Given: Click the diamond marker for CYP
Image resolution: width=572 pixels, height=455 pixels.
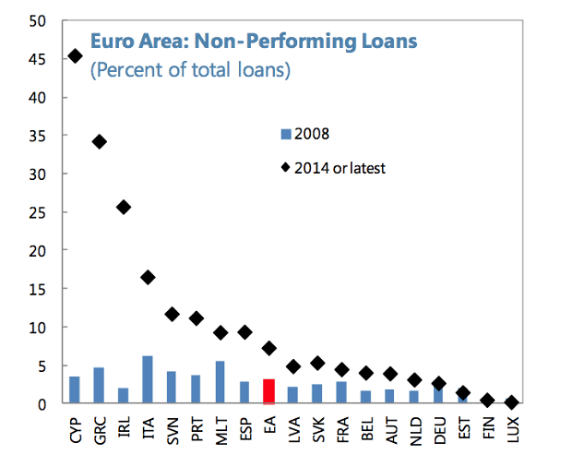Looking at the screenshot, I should pyautogui.click(x=75, y=56).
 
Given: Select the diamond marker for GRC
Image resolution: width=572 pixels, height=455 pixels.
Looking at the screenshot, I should pyautogui.click(x=99, y=141).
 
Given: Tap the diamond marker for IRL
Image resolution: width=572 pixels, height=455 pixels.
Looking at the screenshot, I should pyautogui.click(x=124, y=207).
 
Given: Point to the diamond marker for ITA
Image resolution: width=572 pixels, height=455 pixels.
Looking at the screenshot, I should pyautogui.click(x=148, y=277).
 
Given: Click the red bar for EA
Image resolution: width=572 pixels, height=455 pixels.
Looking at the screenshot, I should pyautogui.click(x=268, y=391).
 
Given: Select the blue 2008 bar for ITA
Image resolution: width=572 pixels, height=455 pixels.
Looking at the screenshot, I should pyautogui.click(x=148, y=379).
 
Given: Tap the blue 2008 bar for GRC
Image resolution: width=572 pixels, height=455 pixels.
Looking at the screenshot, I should pyautogui.click(x=99, y=386).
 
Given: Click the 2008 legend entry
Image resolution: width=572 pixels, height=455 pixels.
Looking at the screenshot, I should pyautogui.click(x=304, y=134).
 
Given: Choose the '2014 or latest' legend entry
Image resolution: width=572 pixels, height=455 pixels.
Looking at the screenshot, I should pyautogui.click(x=332, y=167).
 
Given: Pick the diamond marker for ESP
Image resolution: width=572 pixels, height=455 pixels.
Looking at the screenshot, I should pyautogui.click(x=244, y=332).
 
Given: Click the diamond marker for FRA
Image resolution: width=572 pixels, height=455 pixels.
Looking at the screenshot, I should pyautogui.click(x=341, y=370).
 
